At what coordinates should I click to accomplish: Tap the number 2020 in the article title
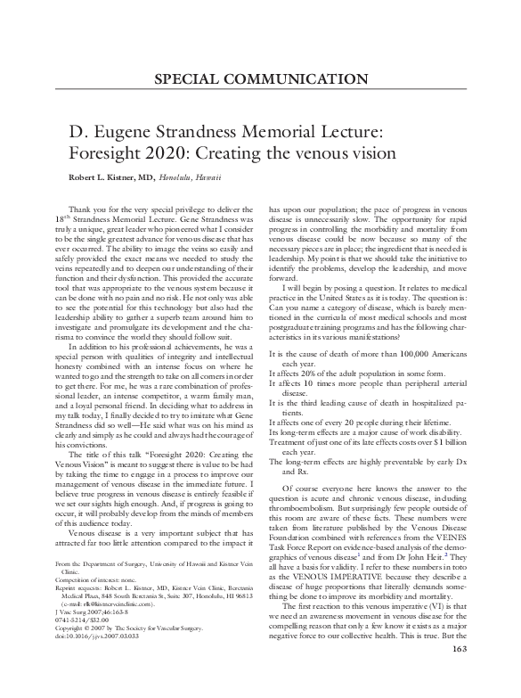[x=167, y=152]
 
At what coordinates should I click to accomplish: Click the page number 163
[x=460, y=673]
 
